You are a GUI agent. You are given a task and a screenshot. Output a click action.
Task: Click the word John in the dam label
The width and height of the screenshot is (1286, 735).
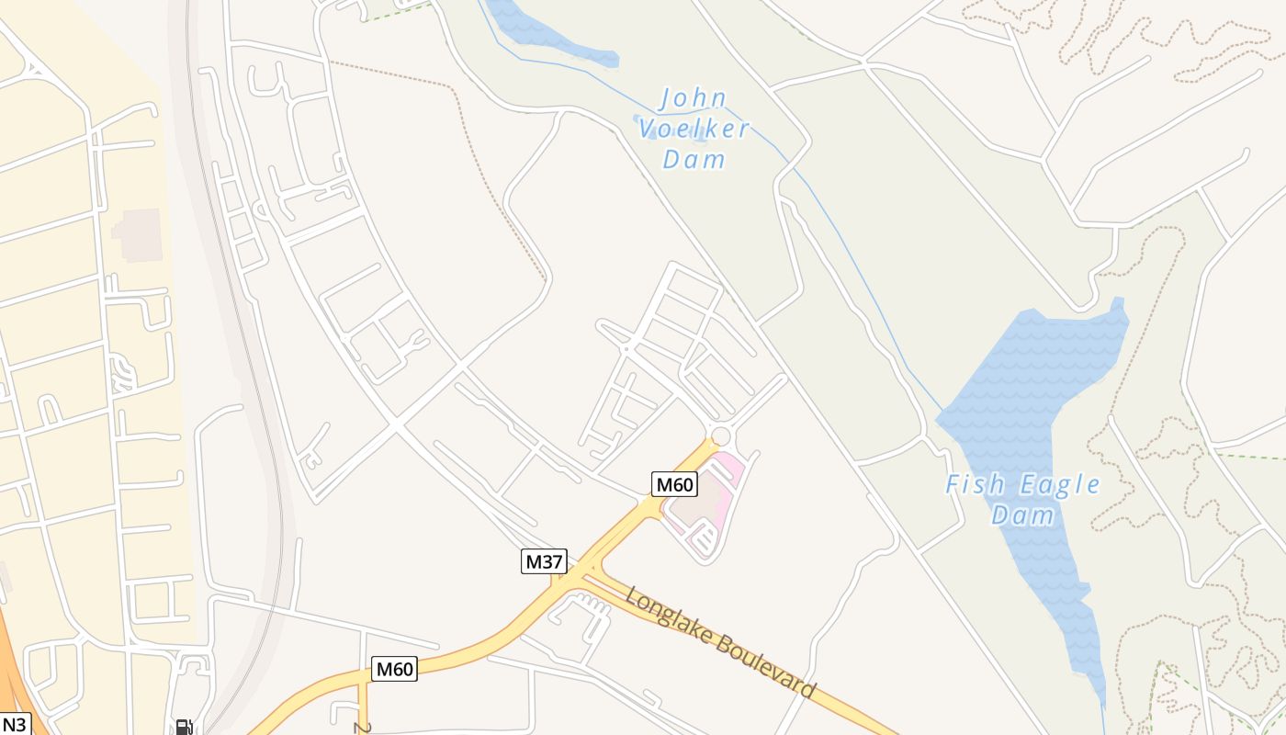(x=694, y=98)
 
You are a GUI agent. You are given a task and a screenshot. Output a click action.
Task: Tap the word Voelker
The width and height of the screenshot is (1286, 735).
(x=694, y=129)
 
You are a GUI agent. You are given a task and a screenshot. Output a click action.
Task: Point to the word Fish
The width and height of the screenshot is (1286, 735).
(x=977, y=484)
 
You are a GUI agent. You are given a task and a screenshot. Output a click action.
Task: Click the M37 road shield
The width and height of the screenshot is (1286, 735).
(x=544, y=561)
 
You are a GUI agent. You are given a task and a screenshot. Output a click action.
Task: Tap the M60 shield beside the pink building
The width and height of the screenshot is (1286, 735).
(x=674, y=484)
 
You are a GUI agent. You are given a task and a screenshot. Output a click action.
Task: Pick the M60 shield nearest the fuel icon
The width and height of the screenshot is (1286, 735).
(x=394, y=669)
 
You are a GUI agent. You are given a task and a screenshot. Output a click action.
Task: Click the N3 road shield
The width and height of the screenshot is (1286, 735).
(x=14, y=724)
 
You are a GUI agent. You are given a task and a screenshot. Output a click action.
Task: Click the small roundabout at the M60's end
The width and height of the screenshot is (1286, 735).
(x=721, y=435)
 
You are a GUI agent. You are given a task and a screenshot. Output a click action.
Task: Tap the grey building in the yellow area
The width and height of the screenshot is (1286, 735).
(x=139, y=234)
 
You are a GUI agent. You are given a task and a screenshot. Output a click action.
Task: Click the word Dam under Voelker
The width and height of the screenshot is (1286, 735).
(x=694, y=159)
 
